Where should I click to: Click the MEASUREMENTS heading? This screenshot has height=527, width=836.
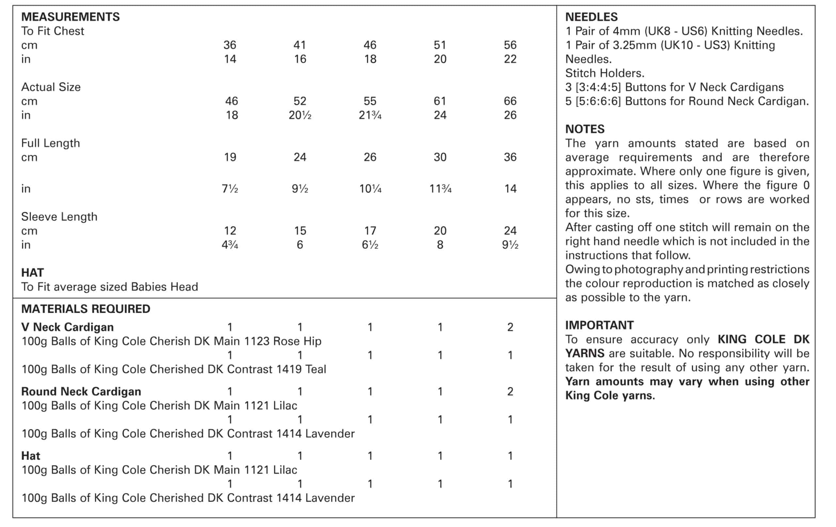[70, 17]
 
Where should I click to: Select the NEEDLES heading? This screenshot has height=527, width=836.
[591, 17]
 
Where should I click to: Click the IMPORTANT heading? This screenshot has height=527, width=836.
[599, 325]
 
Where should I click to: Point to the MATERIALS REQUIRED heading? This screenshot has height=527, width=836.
[86, 309]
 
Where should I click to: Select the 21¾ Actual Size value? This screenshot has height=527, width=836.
[370, 115]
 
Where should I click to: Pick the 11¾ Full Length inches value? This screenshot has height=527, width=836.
[440, 188]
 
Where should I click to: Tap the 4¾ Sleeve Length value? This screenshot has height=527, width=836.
[230, 245]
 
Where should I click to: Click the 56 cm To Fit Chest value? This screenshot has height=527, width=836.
[510, 45]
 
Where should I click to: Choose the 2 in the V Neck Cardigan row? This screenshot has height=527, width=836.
[510, 327]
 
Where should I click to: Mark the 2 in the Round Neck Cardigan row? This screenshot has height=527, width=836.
[510, 391]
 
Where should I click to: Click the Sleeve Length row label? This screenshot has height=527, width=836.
[59, 216]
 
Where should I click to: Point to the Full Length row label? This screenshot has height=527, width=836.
[50, 143]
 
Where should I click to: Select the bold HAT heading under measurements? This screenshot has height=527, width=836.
[32, 273]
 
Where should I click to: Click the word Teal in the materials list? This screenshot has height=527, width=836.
[315, 369]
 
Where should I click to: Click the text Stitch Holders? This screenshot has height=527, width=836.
[604, 73]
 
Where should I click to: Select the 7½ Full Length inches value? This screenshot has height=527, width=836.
[230, 188]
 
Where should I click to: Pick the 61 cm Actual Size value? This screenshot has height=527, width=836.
[440, 101]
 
